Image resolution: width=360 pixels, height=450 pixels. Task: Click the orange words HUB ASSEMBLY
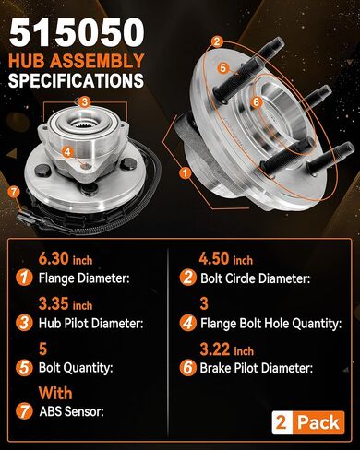pyautogui.click(x=76, y=61)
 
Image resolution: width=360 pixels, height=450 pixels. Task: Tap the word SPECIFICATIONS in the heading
pyautogui.click(x=76, y=80)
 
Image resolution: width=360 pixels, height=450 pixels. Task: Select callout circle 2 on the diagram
pyautogui.click(x=216, y=41)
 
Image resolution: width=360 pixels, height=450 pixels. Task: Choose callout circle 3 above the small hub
pyautogui.click(x=84, y=101)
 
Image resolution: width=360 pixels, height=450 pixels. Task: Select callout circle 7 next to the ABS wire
pyautogui.click(x=12, y=192)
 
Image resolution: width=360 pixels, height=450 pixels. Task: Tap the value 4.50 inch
pyautogui.click(x=226, y=259)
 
